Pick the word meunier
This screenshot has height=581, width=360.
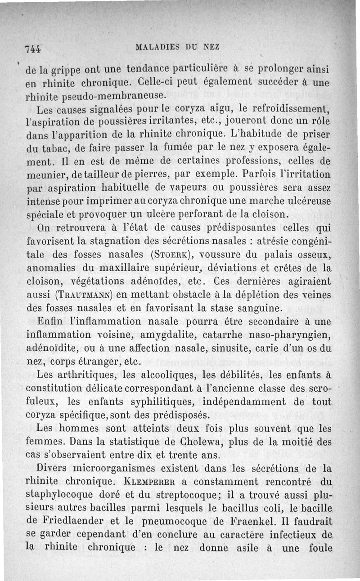(45, 173)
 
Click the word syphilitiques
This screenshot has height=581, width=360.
(166, 401)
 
